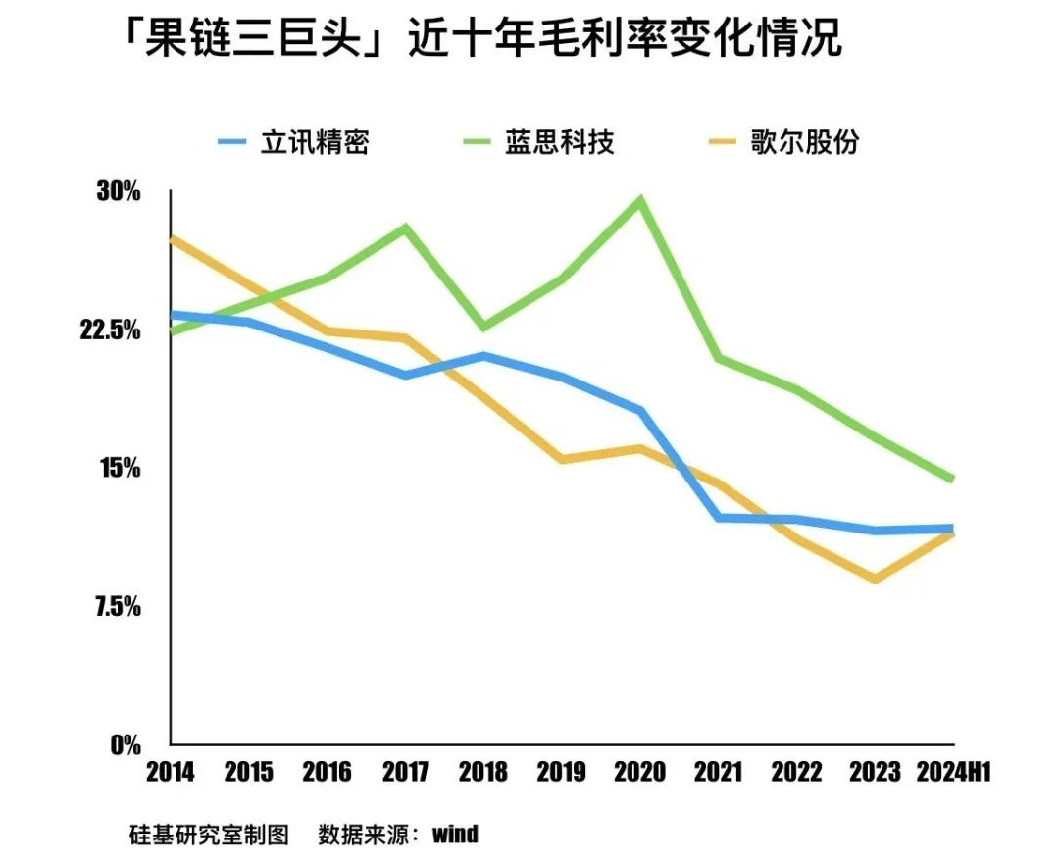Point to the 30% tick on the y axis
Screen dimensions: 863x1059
(119, 191)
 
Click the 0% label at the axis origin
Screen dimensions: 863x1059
(125, 745)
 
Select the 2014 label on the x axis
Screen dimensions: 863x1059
(171, 773)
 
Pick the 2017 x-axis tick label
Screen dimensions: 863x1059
(405, 773)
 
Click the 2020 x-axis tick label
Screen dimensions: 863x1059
(640, 773)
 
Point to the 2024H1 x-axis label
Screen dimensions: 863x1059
(953, 773)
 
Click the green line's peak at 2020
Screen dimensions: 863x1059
(640, 201)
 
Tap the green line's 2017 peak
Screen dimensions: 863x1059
(405, 228)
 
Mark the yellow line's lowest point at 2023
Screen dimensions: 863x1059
(875, 579)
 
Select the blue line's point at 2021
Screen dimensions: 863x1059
(719, 517)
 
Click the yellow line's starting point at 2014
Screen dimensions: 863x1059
(172, 238)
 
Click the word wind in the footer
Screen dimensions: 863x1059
(455, 835)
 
